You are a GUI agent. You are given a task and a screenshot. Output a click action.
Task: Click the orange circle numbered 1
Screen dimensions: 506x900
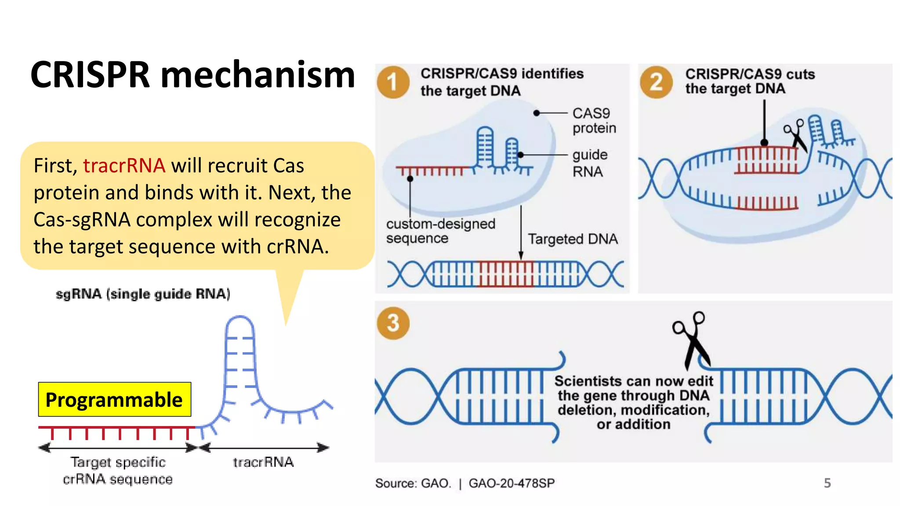point(393,82)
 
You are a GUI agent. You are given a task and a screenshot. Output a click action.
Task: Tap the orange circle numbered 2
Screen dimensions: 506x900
point(656,82)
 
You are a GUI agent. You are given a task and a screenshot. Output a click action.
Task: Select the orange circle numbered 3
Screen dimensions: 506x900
point(393,323)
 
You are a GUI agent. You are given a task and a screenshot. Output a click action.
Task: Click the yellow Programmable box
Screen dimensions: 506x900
point(114,400)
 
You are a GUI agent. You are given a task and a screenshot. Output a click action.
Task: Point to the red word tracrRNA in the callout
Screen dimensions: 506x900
point(124,166)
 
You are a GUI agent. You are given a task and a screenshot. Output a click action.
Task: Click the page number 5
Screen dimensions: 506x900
point(827,483)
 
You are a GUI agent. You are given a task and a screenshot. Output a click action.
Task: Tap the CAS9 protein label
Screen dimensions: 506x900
point(594,121)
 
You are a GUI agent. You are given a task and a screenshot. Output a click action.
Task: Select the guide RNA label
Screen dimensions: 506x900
point(589,163)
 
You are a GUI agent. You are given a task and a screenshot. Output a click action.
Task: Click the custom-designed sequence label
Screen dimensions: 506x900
point(440,231)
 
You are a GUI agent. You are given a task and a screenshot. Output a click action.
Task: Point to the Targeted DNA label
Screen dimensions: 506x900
point(573,239)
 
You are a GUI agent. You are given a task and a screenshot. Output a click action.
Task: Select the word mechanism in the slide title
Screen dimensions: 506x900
point(258,75)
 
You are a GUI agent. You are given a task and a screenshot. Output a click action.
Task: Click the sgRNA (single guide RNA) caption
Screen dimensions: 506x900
point(143,294)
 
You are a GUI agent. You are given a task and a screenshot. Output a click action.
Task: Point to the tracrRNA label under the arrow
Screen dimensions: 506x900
point(263,462)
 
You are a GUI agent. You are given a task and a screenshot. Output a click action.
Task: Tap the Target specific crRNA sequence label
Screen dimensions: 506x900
point(118,470)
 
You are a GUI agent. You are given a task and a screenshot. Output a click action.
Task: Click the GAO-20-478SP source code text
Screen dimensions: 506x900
point(512,483)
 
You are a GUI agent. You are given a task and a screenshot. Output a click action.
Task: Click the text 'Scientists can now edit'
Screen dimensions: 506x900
point(633,381)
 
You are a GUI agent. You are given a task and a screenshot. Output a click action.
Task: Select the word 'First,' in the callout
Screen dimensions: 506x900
point(55,166)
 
